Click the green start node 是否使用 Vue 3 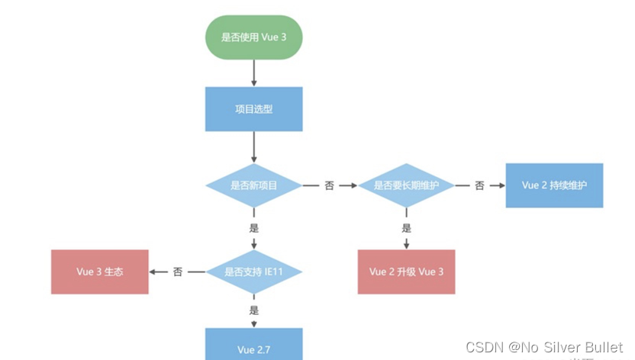point(253,36)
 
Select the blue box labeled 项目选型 point(253,109)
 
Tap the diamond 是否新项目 point(253,185)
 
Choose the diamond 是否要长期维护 point(406,185)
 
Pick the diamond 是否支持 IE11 point(253,272)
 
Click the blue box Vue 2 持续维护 point(554,185)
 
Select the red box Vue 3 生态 point(100,272)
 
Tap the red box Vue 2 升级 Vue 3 point(406,272)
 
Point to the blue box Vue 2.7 point(253,348)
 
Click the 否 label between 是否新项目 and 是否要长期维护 point(329,185)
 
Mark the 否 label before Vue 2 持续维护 point(479,185)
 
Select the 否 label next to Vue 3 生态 point(177,272)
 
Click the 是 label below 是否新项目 point(253,228)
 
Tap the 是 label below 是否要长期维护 point(406,228)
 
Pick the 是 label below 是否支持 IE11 point(253,310)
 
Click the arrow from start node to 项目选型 point(253,72)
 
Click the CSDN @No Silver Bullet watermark point(544,348)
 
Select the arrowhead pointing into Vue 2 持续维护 point(500,185)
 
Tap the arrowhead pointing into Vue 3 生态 point(153,272)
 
